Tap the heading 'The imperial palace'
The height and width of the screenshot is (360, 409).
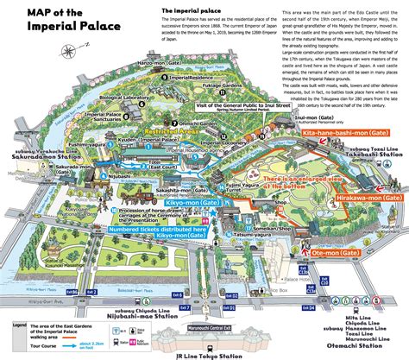tap(190, 11)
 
